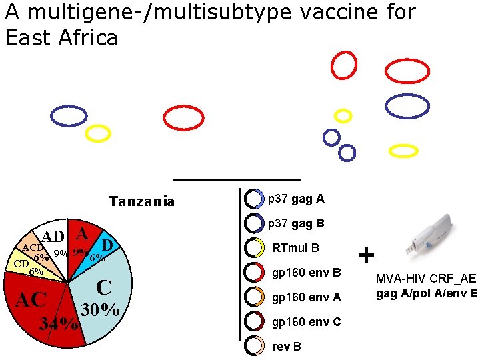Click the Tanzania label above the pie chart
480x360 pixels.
(141, 201)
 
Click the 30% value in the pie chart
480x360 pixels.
(100, 311)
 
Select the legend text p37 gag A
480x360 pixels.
(296, 199)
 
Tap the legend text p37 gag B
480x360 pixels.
(296, 223)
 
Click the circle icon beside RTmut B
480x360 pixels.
(253, 248)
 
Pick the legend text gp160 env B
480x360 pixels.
(307, 273)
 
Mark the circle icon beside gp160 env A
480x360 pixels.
(253, 297)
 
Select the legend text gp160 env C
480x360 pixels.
(307, 322)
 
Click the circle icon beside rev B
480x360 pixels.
(253, 345)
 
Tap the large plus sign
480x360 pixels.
(366, 255)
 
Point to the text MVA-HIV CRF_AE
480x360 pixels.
(426, 279)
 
